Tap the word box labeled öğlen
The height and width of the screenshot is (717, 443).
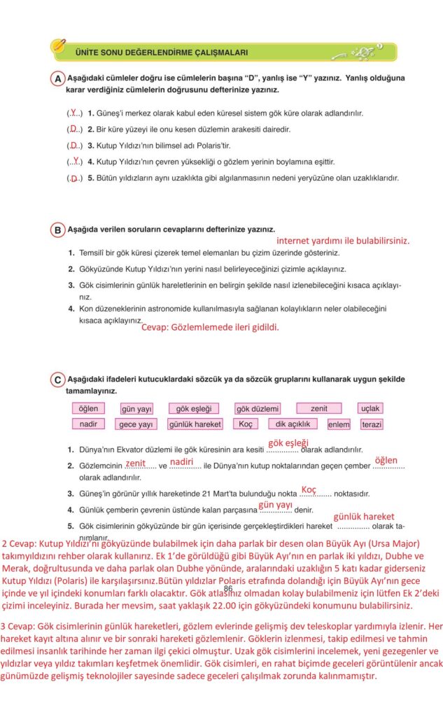(89, 408)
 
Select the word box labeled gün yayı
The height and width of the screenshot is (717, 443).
(136, 408)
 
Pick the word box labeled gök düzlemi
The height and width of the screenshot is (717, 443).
(193, 408)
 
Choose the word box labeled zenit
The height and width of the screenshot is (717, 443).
(318, 408)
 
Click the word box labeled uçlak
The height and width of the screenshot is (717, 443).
(370, 408)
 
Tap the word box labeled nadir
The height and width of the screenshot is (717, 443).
(89, 424)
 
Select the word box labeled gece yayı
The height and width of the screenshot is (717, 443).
(136, 424)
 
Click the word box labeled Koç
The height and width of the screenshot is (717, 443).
(246, 424)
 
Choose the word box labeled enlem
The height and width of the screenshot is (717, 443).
(339, 424)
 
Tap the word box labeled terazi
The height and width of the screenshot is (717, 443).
(372, 424)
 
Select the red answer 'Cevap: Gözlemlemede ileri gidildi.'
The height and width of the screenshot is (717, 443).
(210, 327)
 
